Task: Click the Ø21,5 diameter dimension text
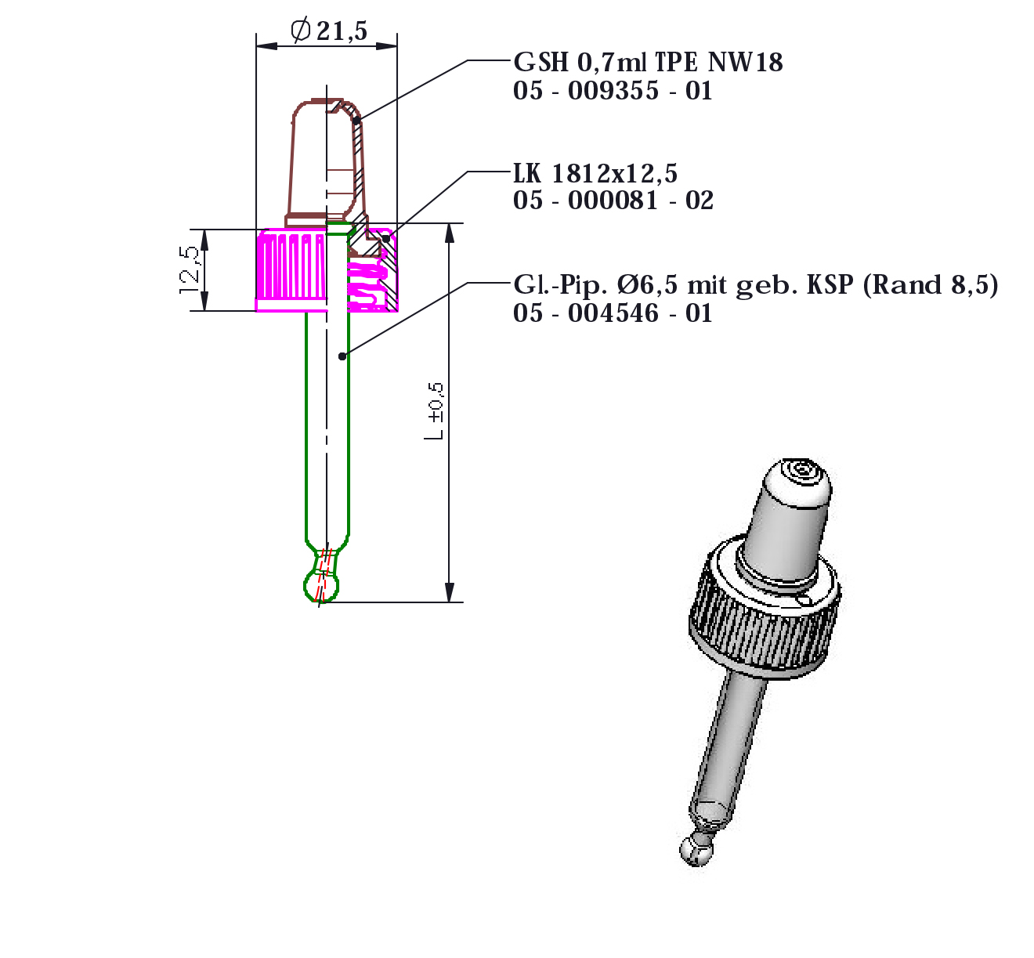click(328, 31)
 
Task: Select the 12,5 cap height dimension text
click(189, 269)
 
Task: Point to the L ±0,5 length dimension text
click(434, 411)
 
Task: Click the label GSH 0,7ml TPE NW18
click(648, 63)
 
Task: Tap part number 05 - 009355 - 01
click(613, 91)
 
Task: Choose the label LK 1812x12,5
click(595, 173)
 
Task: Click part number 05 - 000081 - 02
click(613, 201)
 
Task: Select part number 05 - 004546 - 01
click(613, 313)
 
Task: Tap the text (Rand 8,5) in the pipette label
click(931, 285)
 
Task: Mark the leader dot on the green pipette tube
click(342, 356)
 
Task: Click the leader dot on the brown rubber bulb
click(357, 121)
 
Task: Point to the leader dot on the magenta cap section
click(386, 238)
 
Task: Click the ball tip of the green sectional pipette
click(321, 586)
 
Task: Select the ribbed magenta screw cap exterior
click(291, 270)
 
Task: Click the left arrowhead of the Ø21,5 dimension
click(266, 45)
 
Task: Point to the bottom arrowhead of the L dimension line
click(450, 592)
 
